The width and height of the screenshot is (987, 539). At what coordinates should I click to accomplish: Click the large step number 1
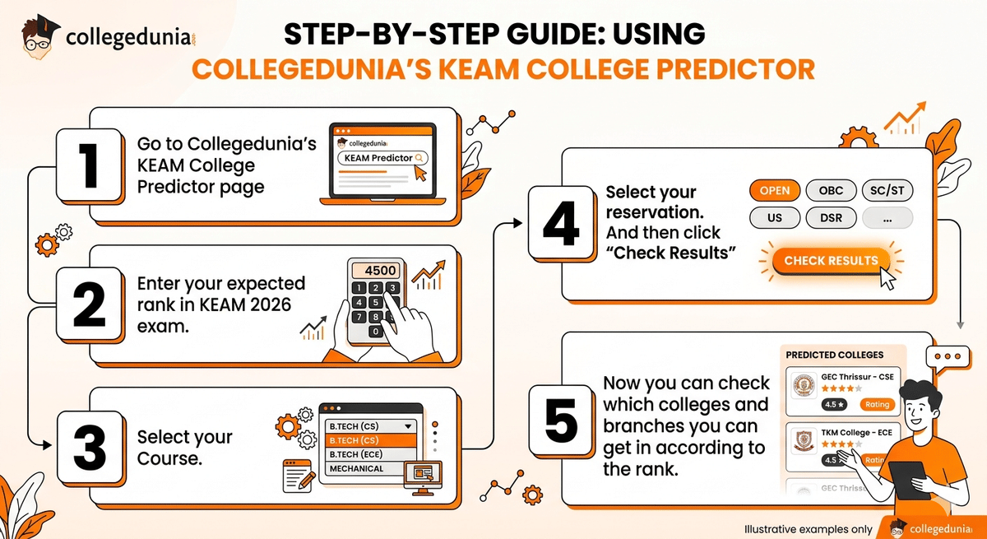[x=87, y=165]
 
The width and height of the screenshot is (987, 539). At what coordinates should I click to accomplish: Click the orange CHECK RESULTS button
[x=831, y=261]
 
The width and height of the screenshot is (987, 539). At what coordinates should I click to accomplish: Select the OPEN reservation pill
[x=775, y=191]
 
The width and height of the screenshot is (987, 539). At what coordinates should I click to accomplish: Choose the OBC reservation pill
[x=831, y=191]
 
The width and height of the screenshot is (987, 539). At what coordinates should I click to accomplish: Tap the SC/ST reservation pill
[x=887, y=191]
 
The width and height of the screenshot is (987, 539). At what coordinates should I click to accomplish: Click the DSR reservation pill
[x=831, y=218]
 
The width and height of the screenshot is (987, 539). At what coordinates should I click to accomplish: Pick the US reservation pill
[x=775, y=218]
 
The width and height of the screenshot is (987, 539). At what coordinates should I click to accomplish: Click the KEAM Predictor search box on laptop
[x=382, y=158]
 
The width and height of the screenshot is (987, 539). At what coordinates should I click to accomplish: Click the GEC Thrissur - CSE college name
[x=855, y=377]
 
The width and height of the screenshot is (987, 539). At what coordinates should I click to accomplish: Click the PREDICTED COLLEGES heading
[x=834, y=355]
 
